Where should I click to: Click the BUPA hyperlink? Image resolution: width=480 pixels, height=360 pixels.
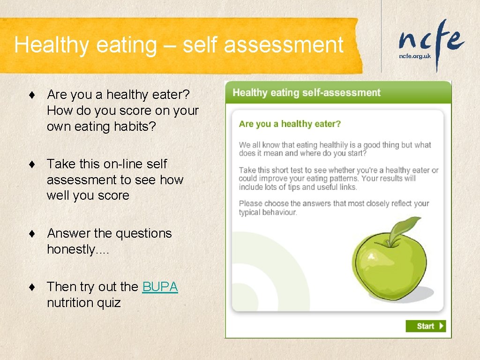click(160, 287)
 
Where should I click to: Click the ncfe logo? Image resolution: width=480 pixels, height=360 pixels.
click(431, 40)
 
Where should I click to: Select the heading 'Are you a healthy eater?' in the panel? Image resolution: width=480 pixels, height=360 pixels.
click(290, 124)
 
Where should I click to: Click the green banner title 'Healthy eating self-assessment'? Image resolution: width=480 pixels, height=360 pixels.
click(307, 92)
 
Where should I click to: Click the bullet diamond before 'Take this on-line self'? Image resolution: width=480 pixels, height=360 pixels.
click(31, 165)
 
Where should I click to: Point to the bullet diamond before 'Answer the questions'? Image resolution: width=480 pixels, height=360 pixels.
click(31, 234)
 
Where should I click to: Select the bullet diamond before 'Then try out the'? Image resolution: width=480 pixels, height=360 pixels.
click(31, 287)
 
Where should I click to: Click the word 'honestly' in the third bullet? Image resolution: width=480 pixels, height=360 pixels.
click(71, 249)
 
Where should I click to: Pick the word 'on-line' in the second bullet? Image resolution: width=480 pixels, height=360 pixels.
click(118, 164)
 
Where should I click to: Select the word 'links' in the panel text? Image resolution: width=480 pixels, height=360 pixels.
click(346, 187)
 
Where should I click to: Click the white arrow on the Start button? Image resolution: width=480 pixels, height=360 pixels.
click(441, 326)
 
